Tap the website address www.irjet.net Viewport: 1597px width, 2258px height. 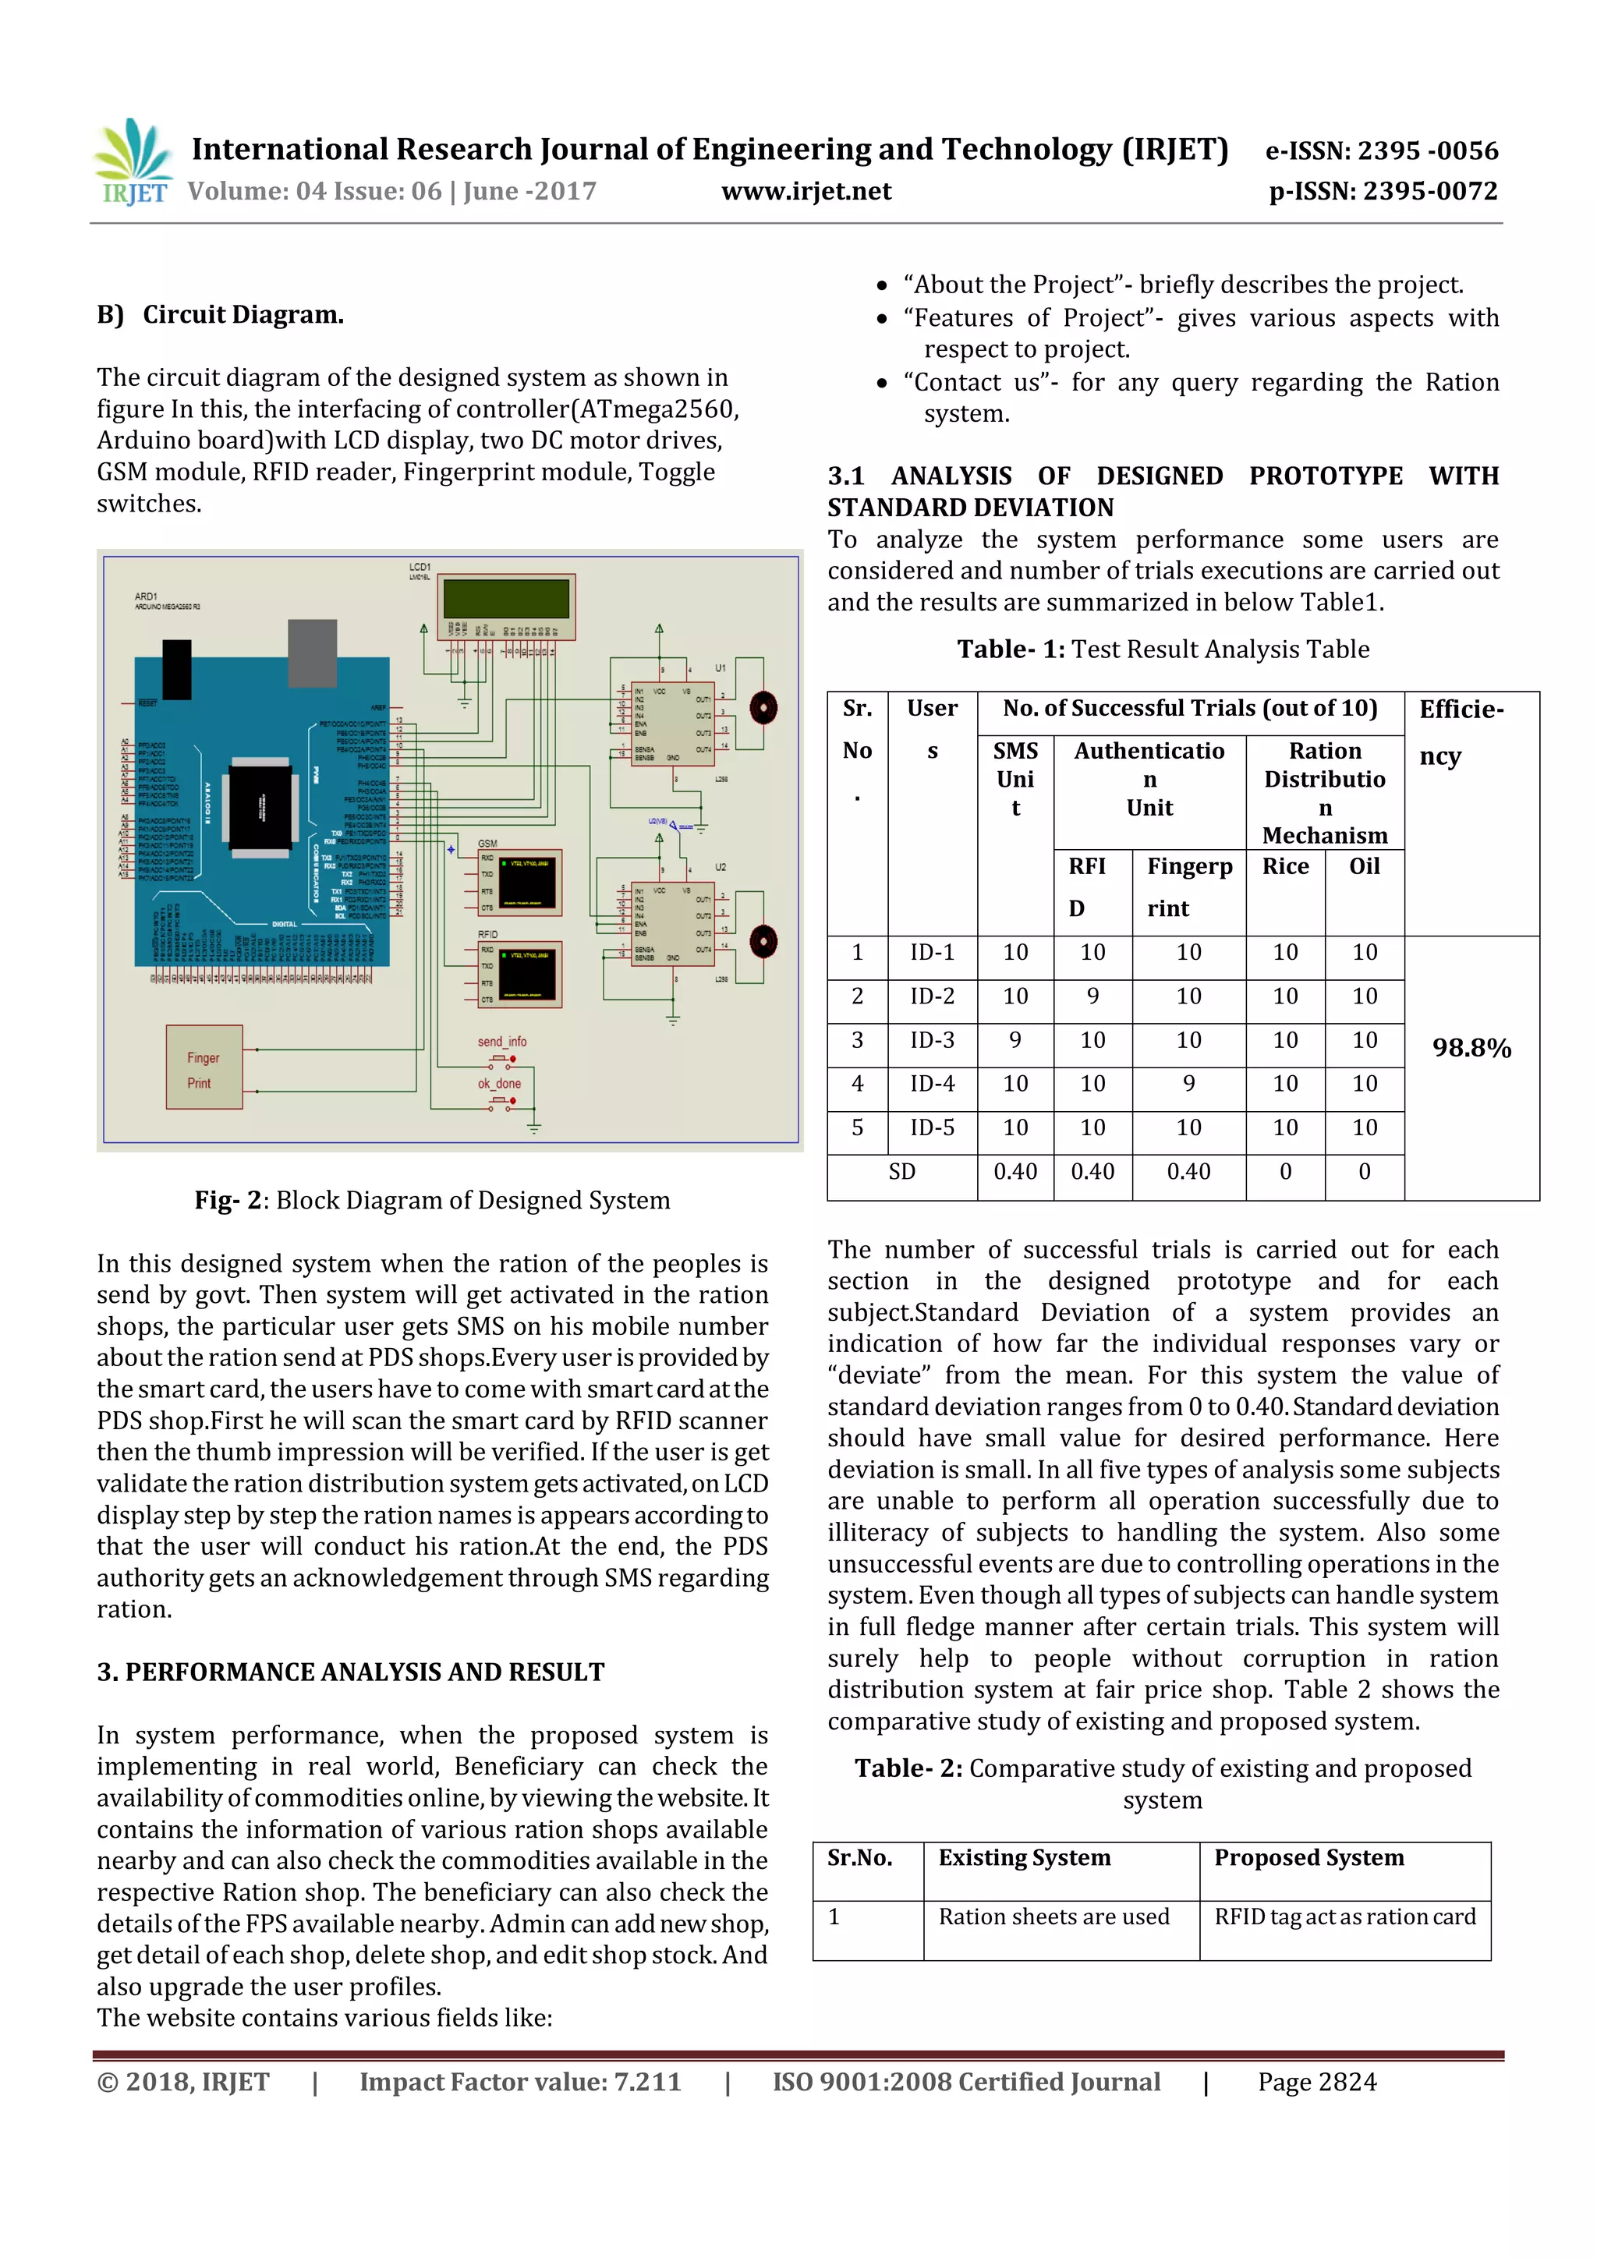806,191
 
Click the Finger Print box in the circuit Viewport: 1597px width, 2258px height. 204,1068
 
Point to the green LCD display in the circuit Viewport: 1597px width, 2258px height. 505,600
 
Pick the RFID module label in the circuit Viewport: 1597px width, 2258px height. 487,934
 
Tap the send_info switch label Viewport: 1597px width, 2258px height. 501,1042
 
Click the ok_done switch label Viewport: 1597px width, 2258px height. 500,1084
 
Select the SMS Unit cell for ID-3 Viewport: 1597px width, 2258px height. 1015,1039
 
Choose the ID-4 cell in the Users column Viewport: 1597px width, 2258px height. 931,1084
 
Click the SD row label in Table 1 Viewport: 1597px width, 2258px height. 901,1171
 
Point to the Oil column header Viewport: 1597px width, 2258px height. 1364,866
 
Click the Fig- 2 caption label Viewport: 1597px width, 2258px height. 228,1200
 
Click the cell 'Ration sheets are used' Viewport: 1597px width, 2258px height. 1053,1916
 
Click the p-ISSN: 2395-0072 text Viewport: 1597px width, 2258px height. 1383,191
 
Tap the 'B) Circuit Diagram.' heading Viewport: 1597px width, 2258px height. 220,315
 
